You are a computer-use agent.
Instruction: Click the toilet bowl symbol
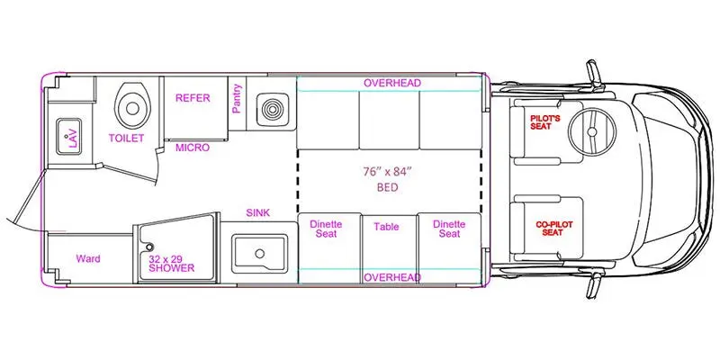[132, 106]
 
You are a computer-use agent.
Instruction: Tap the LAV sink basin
[69, 137]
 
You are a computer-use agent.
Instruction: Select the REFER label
[193, 98]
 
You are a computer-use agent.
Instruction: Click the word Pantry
[237, 99]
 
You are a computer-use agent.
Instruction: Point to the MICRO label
[193, 148]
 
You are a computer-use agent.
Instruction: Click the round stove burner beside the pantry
[273, 110]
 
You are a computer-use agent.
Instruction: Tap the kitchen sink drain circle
[260, 254]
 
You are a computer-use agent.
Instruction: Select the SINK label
[258, 212]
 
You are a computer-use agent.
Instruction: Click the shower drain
[148, 247]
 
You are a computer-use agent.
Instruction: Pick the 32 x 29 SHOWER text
[171, 264]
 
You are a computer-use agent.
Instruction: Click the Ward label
[88, 258]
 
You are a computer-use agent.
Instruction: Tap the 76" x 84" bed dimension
[386, 173]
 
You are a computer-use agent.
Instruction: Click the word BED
[387, 188]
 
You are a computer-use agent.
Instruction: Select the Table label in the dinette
[386, 227]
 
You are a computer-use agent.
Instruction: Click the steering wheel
[592, 132]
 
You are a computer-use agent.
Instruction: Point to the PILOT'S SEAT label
[541, 122]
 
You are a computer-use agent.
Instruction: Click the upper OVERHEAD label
[392, 83]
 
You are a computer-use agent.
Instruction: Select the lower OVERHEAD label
[392, 277]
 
